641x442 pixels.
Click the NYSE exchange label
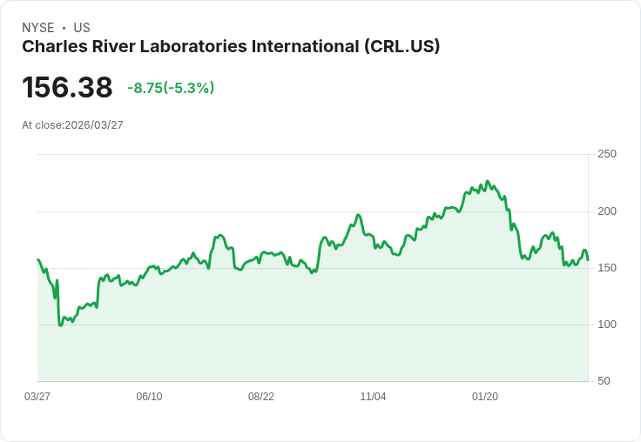37,28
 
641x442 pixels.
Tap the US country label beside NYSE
82,28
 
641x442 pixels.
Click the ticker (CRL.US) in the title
401,47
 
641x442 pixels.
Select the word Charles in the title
51,47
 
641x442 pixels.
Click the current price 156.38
67,88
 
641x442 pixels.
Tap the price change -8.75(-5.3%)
171,88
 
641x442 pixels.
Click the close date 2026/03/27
94,125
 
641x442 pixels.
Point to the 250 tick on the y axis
607,154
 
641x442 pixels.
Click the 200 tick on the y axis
607,211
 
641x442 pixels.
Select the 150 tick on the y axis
607,268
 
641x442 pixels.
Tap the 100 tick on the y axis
607,325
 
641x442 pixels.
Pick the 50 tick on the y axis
604,381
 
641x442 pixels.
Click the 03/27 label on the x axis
37,397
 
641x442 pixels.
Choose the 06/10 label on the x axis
149,397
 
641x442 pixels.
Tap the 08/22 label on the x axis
261,397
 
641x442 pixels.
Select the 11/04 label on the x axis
373,397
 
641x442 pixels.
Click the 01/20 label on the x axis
485,397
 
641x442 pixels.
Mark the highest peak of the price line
487,181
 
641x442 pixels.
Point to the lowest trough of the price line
60,325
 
